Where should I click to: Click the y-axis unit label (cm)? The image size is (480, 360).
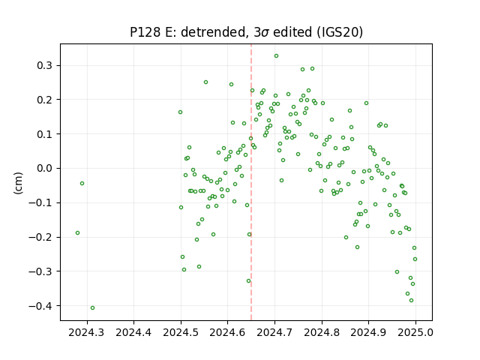(18, 183)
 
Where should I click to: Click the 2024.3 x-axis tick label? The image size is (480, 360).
(87, 332)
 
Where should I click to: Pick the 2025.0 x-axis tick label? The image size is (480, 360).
(415, 332)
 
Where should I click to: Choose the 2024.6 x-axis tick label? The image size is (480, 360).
(227, 332)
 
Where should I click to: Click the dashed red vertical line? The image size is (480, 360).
(251, 182)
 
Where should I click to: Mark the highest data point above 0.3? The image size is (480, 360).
(276, 56)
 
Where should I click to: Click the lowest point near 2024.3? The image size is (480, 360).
(92, 308)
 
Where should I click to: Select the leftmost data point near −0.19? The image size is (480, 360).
(77, 233)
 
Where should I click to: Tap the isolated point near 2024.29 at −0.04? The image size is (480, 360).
(82, 183)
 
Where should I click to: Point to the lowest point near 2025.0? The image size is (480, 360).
(411, 301)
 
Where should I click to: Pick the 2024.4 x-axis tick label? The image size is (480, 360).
(133, 332)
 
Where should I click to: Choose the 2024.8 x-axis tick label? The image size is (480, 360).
(322, 332)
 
